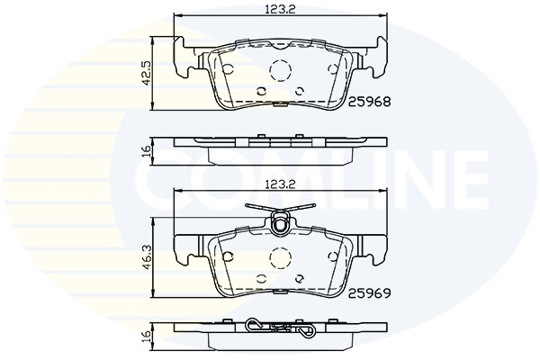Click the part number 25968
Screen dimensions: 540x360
[370, 102]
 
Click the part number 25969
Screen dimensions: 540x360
[370, 293]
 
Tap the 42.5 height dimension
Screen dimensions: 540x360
[147, 72]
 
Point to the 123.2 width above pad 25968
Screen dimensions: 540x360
[280, 9]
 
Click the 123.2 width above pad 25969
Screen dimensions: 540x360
[280, 184]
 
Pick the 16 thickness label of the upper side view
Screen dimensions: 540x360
[147, 150]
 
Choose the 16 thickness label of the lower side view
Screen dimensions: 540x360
[147, 334]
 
